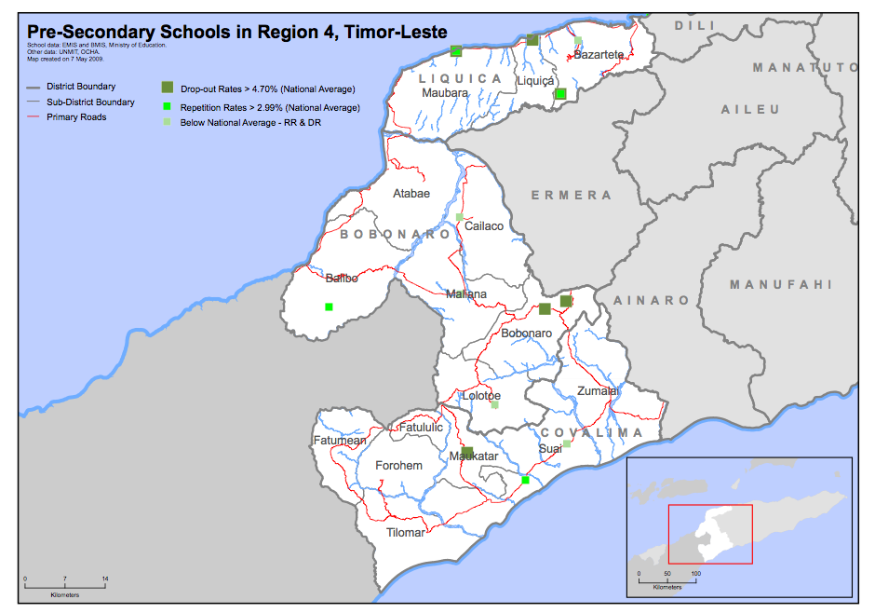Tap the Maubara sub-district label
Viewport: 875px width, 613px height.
pyautogui.click(x=445, y=93)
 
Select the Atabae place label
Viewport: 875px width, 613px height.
pyautogui.click(x=411, y=194)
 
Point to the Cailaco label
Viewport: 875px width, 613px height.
pyautogui.click(x=484, y=226)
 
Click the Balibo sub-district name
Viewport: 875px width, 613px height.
pyautogui.click(x=341, y=278)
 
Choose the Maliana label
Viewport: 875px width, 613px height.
pyautogui.click(x=465, y=294)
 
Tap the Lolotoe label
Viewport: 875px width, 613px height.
pyautogui.click(x=482, y=396)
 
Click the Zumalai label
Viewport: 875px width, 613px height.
pyautogui.click(x=598, y=391)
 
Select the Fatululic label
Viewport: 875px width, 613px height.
pyautogui.click(x=421, y=428)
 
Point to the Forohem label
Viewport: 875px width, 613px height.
pyautogui.click(x=398, y=466)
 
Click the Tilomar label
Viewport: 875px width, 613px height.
pyautogui.click(x=406, y=533)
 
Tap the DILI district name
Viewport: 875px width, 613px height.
pyautogui.click(x=696, y=25)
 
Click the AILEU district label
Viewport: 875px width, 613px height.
pyautogui.click(x=750, y=110)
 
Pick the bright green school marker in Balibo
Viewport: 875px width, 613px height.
pyautogui.click(x=329, y=306)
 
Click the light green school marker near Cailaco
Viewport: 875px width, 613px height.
pyautogui.click(x=460, y=217)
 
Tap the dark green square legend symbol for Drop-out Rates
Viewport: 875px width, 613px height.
pyautogui.click(x=168, y=88)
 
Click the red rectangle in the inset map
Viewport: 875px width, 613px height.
pyautogui.click(x=710, y=534)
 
